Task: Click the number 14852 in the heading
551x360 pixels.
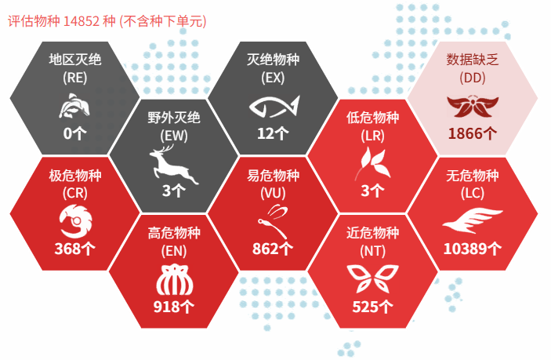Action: point(82,21)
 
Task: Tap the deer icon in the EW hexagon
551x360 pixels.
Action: point(173,164)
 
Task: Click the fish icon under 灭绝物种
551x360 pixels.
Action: point(274,106)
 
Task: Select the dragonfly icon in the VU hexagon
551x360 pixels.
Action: point(273,221)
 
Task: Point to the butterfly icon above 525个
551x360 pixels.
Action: point(372,278)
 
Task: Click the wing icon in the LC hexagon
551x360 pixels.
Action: point(473,220)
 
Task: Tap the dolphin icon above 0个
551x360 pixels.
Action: point(74,105)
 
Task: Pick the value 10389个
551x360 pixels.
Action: point(473,249)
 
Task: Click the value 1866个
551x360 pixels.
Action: point(473,133)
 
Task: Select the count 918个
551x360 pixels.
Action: point(173,307)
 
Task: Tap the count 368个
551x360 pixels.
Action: point(74,249)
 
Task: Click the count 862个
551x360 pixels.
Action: point(273,249)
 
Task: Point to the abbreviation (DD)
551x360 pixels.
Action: point(473,78)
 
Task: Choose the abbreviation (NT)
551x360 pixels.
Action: point(372,251)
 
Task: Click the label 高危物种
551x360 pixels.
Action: point(174,233)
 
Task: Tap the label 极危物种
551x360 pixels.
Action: point(74,175)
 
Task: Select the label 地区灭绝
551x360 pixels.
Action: point(74,60)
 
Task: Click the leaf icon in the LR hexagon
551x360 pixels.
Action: point(372,163)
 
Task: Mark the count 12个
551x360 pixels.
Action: point(273,133)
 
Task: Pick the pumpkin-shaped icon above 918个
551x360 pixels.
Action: point(174,280)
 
